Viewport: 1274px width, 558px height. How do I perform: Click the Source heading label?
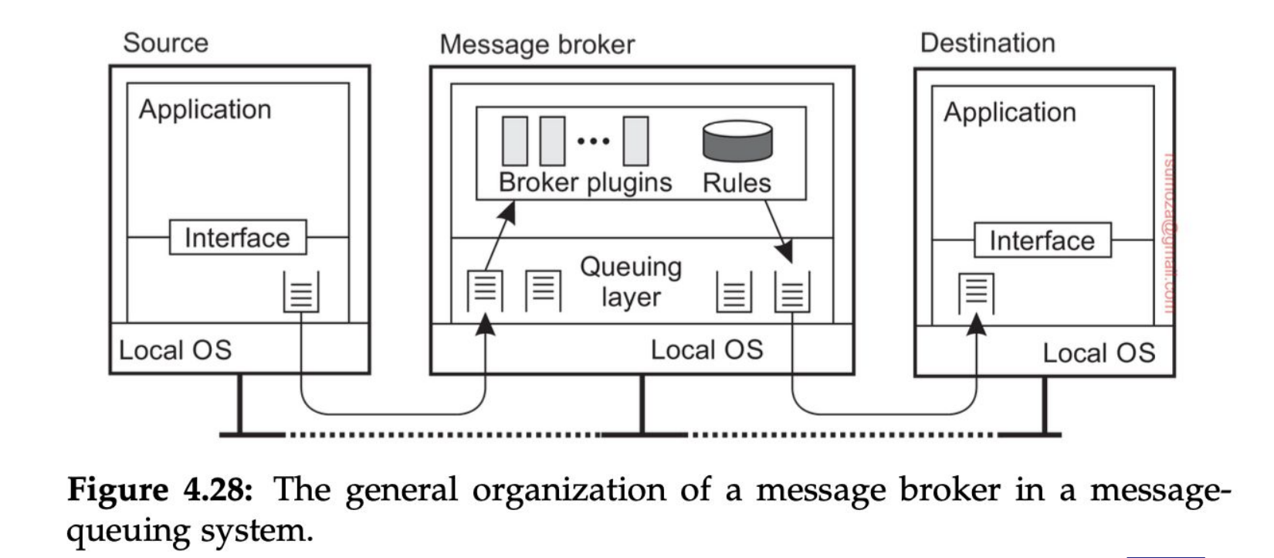click(x=165, y=43)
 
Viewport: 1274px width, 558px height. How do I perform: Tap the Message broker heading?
click(x=537, y=45)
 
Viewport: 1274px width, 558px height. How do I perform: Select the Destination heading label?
click(x=987, y=43)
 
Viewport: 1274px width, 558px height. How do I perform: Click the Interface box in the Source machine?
click(x=237, y=237)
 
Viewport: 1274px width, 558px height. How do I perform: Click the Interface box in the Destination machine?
click(x=1042, y=240)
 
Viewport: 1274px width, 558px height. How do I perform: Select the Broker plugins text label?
click(x=585, y=182)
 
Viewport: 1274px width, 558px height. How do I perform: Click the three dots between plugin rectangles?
click(x=593, y=141)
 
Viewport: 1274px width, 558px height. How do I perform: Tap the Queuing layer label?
click(x=631, y=281)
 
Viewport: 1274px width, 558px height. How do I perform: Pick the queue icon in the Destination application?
click(x=976, y=294)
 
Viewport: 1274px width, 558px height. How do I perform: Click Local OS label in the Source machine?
click(x=175, y=350)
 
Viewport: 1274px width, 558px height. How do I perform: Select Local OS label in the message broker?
click(x=706, y=350)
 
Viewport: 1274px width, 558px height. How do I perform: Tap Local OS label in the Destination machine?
click(x=1098, y=353)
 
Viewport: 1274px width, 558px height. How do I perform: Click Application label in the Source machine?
click(x=205, y=110)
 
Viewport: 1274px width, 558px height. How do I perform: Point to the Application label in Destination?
click(x=1009, y=113)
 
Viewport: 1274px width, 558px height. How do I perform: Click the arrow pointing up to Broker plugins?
click(x=499, y=235)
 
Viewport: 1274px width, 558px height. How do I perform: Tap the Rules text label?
click(x=737, y=183)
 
